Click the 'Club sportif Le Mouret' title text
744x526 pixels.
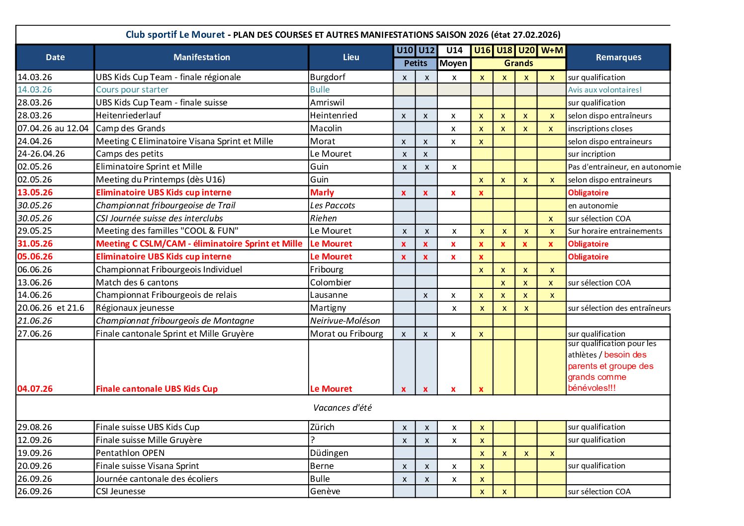(175, 35)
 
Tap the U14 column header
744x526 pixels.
(454, 50)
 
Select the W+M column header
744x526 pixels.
(552, 50)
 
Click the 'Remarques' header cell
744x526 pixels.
(618, 57)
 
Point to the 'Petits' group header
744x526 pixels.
(415, 63)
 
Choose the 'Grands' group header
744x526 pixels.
(518, 63)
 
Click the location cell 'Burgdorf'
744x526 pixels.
(328, 77)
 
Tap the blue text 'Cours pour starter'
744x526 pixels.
(132, 89)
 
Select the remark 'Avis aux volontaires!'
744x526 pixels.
(605, 90)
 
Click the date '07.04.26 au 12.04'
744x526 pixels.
(53, 128)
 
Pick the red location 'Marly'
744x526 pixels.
(322, 192)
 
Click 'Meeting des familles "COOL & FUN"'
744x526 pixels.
(167, 231)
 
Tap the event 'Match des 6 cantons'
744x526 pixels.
(137, 282)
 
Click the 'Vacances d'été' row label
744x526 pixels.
(342, 408)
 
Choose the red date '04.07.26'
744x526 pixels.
(35, 389)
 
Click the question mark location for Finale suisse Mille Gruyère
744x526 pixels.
(313, 440)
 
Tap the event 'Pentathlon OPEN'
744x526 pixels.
(130, 453)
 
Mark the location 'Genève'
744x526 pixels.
(325, 491)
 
